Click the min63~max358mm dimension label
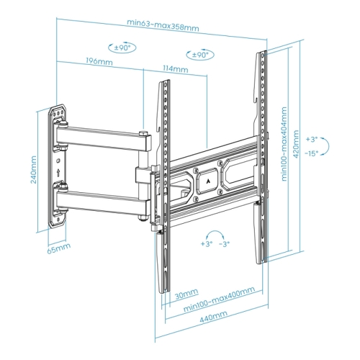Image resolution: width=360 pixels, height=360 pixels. pos(163,25)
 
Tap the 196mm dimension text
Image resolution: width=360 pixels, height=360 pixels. pos(99,61)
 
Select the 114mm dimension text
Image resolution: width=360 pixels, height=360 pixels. pos(176,69)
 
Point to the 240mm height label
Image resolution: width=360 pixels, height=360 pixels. pos(34,169)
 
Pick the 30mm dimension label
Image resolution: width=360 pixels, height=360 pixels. pos(186,294)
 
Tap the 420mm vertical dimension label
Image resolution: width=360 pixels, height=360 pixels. pos(296,144)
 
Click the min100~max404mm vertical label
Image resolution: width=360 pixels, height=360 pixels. pos(284,144)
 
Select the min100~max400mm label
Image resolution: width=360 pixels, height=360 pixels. pos(219,300)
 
